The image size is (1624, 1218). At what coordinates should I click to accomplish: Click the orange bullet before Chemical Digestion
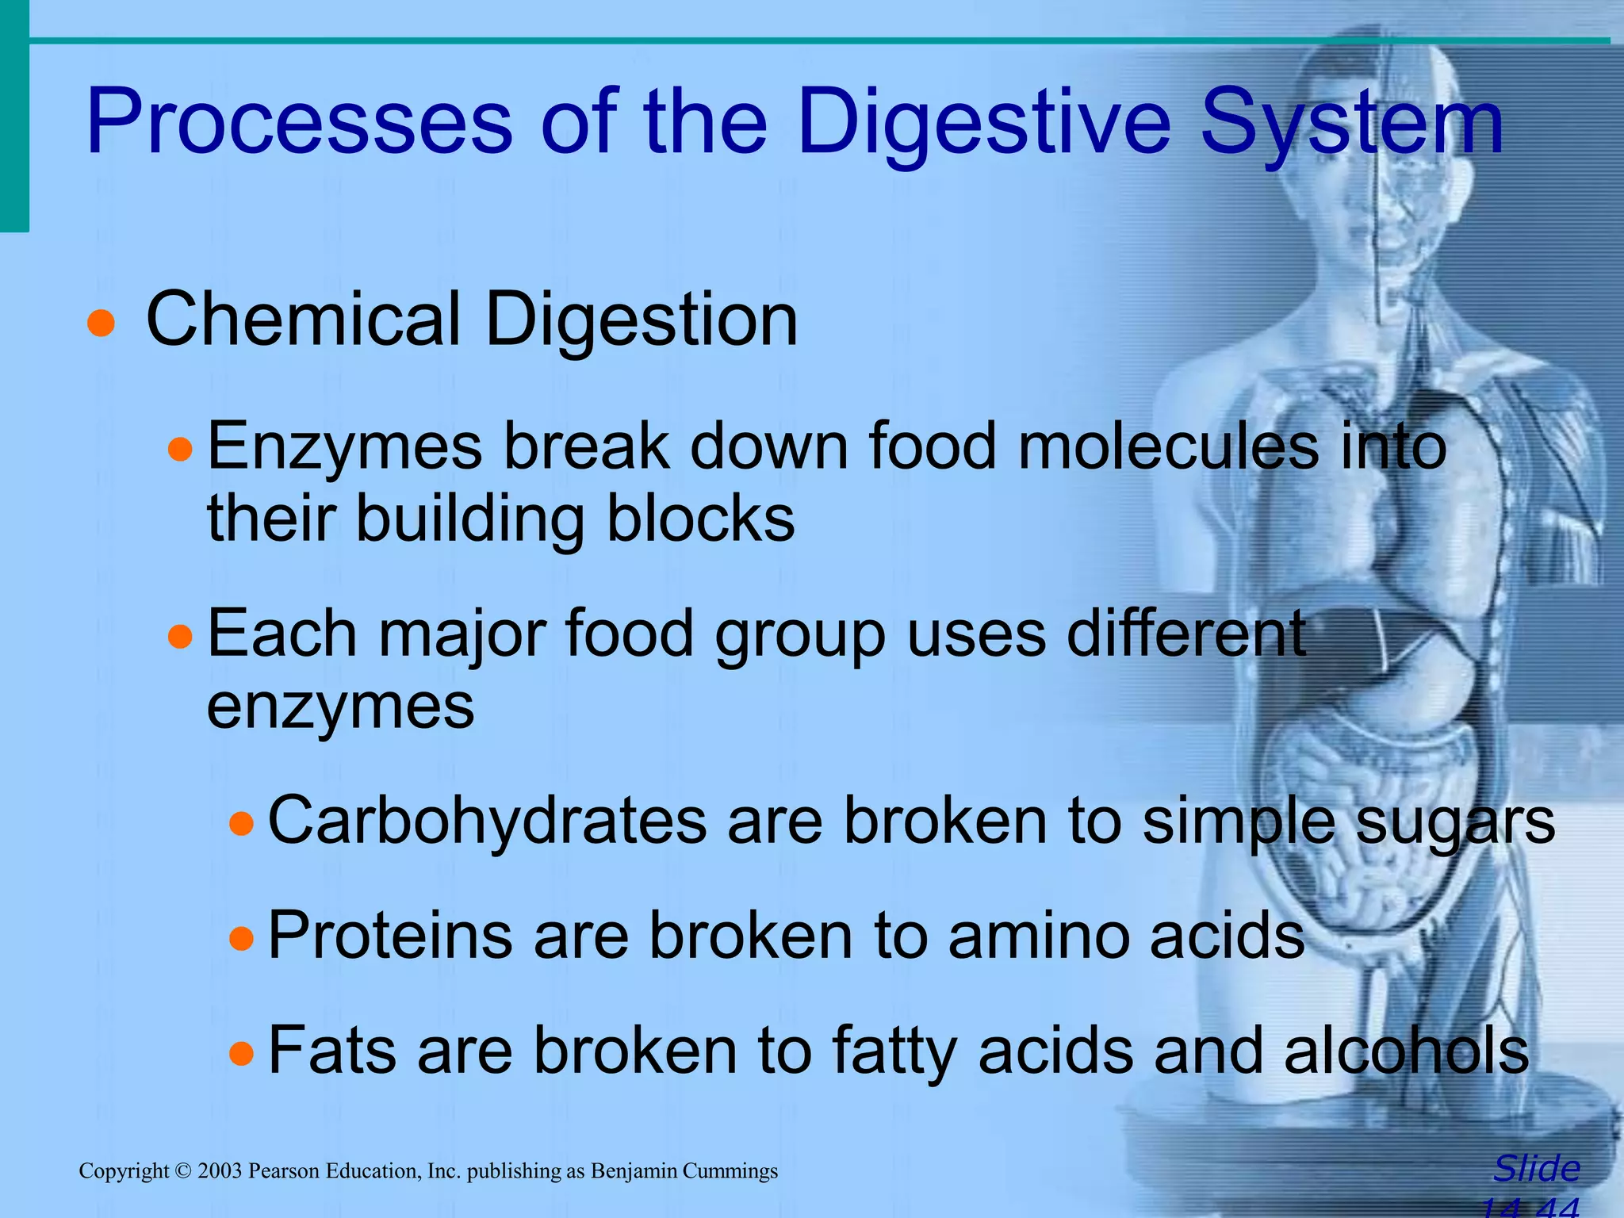[x=101, y=324]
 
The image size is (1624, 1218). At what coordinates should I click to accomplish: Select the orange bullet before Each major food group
[x=181, y=637]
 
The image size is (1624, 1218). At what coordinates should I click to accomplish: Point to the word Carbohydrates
[x=487, y=822]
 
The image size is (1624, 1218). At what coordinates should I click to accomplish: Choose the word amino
[x=1038, y=936]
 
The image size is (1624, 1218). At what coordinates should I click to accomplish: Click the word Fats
[x=332, y=1051]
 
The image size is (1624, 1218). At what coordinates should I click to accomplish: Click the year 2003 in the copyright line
[x=220, y=1171]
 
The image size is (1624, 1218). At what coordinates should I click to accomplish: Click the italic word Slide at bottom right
[x=1536, y=1169]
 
